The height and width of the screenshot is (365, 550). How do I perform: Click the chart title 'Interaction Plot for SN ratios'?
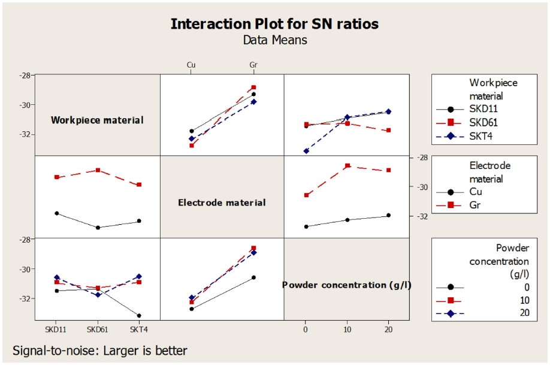274,24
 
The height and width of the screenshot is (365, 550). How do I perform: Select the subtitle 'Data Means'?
274,40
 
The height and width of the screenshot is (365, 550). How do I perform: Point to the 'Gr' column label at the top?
253,65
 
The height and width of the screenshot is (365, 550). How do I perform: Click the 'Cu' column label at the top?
191,65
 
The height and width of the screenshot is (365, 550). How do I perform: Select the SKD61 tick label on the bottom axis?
98,330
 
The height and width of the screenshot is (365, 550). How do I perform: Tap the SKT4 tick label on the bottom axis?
139,330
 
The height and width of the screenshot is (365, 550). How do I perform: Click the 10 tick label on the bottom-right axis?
347,330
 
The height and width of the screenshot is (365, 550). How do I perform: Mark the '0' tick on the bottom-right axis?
306,330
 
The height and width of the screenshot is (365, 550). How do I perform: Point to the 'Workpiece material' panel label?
97,120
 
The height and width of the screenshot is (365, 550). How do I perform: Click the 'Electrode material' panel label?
222,203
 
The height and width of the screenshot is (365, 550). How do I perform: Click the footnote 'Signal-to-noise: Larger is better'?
99,351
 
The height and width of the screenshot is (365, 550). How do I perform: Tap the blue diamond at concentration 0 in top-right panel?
306,151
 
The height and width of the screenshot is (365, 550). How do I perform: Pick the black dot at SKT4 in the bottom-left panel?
139,316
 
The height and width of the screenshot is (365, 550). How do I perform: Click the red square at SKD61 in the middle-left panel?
98,170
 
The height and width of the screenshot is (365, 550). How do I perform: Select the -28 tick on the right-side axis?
420,157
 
